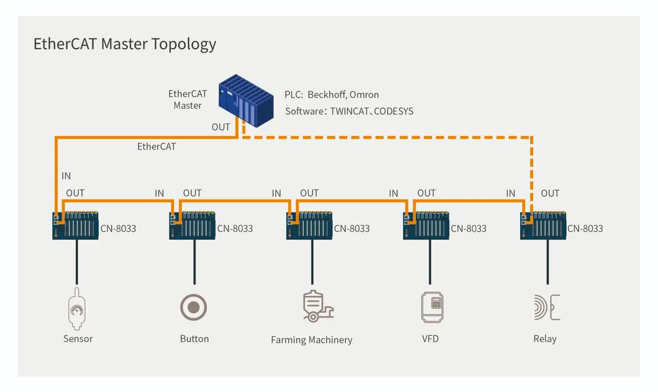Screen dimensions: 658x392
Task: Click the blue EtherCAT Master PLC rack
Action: pyautogui.click(x=246, y=101)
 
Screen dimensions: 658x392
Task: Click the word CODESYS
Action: pyautogui.click(x=394, y=111)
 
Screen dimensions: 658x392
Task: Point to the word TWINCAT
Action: pyautogui.click(x=350, y=111)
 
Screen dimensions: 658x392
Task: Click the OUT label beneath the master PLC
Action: pyautogui.click(x=221, y=127)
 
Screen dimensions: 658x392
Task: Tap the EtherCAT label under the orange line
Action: pyautogui.click(x=157, y=147)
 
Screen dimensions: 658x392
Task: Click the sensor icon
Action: pyautogui.click(x=77, y=309)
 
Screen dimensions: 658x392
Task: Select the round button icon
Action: pyautogui.click(x=193, y=308)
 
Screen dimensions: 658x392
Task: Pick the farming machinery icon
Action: pyautogui.click(x=318, y=306)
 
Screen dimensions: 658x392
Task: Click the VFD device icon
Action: pyautogui.click(x=432, y=308)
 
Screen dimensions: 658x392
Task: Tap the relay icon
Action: pyautogui.click(x=547, y=308)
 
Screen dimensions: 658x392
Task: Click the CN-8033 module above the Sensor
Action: pyautogui.click(x=76, y=226)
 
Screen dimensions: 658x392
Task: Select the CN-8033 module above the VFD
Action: pyautogui.click(x=426, y=226)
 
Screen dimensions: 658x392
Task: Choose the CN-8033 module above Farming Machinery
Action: pyautogui.click(x=309, y=226)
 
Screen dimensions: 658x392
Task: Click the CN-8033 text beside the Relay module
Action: pyautogui.click(x=585, y=229)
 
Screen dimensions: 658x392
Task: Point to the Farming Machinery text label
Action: pyautogui.click(x=311, y=340)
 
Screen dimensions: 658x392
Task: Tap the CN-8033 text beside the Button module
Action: pyautogui.click(x=235, y=229)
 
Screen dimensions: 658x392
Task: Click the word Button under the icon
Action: pyautogui.click(x=194, y=339)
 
